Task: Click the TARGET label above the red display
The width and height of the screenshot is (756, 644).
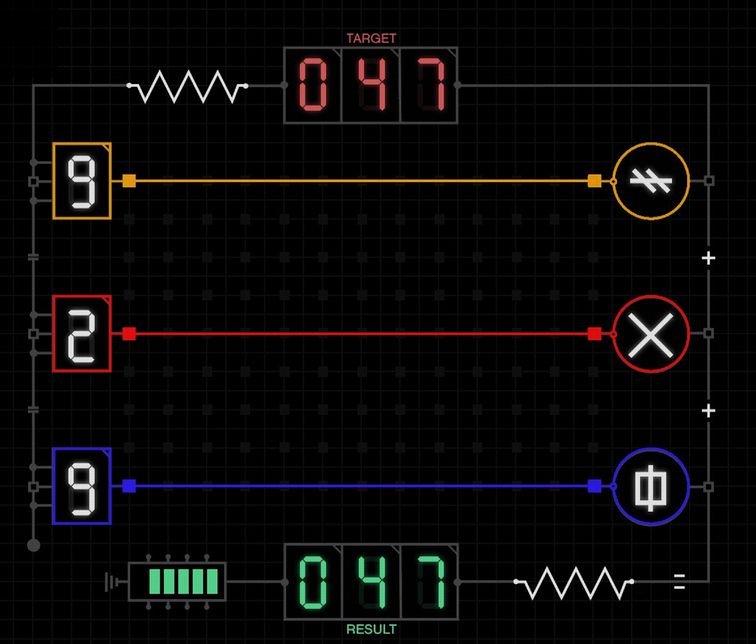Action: coord(371,38)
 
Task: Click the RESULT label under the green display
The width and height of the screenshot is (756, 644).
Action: coord(371,630)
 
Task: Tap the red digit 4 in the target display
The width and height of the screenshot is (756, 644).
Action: coord(371,85)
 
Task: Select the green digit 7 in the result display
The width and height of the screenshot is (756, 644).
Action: coord(429,581)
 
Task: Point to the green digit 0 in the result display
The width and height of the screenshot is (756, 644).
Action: coord(313,581)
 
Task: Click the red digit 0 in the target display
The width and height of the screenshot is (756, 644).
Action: coord(313,85)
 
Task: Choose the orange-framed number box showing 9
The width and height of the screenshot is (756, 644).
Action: coord(82,181)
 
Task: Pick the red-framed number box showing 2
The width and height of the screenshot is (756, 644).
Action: coord(82,334)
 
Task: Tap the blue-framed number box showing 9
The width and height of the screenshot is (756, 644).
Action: coord(82,486)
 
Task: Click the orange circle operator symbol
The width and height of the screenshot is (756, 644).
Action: coord(651,181)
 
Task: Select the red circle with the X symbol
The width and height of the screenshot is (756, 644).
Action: coord(651,334)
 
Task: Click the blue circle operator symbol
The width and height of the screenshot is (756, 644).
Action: coord(651,486)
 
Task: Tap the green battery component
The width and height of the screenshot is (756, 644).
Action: coord(177,581)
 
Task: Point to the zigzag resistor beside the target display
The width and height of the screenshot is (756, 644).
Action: coord(188,86)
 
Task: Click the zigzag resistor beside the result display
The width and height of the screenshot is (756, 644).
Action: coord(574,582)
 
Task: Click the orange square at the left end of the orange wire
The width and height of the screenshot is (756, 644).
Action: coord(129,181)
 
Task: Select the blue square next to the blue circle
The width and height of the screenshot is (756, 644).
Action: coord(594,486)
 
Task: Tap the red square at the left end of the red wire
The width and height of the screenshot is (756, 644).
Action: coord(129,334)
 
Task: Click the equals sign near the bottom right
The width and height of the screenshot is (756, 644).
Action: coord(679,581)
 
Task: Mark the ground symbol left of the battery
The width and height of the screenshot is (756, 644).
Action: coord(110,582)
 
